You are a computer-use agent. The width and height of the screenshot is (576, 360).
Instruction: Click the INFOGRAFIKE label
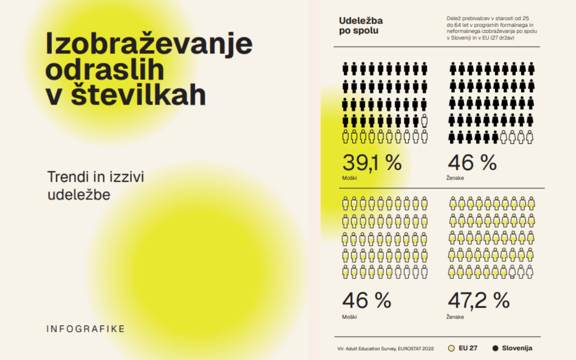85,329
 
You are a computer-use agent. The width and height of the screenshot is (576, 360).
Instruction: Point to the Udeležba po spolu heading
361,25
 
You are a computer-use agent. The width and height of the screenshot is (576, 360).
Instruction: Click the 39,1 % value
372,163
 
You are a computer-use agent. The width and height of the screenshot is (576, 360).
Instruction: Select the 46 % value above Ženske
472,163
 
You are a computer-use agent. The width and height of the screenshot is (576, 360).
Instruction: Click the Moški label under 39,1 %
349,178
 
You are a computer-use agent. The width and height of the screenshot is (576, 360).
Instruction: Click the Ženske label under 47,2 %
455,317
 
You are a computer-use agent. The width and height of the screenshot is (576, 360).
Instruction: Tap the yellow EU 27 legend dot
451,348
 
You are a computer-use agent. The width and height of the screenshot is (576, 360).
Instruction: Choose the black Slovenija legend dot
495,348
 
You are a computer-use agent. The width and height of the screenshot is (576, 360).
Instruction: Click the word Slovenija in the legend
517,348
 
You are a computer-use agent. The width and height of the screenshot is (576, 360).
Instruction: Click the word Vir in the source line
341,348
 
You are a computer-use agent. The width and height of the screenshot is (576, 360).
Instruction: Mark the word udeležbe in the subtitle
79,195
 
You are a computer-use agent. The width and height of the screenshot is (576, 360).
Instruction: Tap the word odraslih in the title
105,70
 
